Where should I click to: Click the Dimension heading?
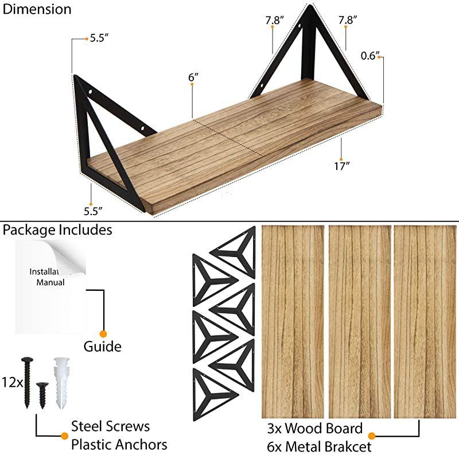pyautogui.click(x=37, y=10)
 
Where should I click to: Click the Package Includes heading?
pyautogui.click(x=57, y=230)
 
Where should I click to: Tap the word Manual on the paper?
pyautogui.click(x=50, y=282)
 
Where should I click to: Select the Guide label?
pyautogui.click(x=102, y=347)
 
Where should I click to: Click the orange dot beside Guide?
pyautogui.click(x=103, y=333)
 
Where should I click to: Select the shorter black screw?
pyautogui.click(x=42, y=395)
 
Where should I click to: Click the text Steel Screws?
pyautogui.click(x=110, y=426)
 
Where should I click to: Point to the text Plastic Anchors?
pyautogui.click(x=119, y=445)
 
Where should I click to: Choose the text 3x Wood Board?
pyautogui.click(x=314, y=429)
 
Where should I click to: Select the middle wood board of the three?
pyautogui.click(x=360, y=321)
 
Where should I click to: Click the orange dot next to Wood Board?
pyautogui.click(x=371, y=436)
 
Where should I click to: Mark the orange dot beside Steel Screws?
pyautogui.click(x=64, y=436)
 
